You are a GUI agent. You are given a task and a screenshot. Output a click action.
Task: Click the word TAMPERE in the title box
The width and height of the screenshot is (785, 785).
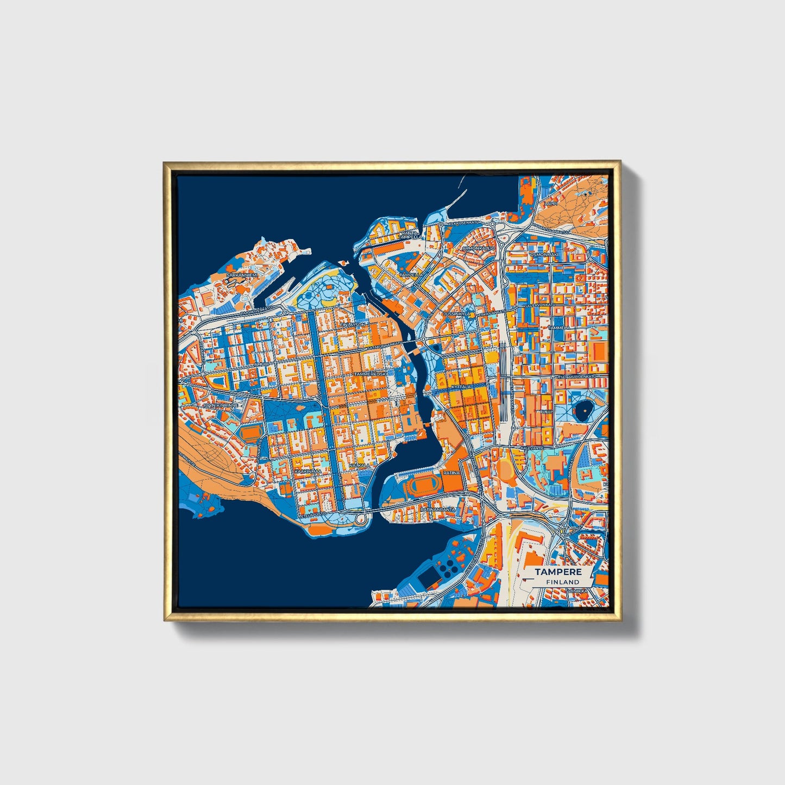coord(558,572)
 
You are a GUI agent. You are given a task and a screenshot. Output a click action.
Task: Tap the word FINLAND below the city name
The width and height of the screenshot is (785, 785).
coord(563,582)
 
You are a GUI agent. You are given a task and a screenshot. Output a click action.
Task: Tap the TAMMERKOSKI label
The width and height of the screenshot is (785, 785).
coord(369,375)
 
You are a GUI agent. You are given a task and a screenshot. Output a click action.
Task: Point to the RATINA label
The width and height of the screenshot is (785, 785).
coord(451,473)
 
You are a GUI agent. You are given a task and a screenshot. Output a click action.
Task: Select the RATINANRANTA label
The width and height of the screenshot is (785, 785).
coord(437,510)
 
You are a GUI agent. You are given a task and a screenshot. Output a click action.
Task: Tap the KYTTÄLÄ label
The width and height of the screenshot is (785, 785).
coord(461,387)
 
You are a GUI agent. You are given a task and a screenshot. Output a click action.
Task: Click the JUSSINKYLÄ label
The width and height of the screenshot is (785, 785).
coord(456,314)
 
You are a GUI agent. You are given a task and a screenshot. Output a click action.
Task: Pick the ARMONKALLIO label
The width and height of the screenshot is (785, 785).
coord(479,248)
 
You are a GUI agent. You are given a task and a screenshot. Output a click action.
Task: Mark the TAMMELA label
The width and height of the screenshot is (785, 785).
coord(560,329)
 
